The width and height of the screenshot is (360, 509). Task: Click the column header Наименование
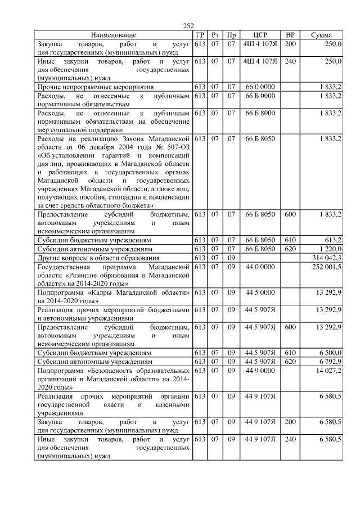[114, 35]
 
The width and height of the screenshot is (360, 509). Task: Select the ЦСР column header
[260, 35]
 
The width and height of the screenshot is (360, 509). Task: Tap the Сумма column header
[325, 35]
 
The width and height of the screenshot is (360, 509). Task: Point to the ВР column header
[290, 35]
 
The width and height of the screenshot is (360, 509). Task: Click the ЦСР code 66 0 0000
[260, 87]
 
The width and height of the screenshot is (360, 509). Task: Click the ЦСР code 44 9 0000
[260, 371]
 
